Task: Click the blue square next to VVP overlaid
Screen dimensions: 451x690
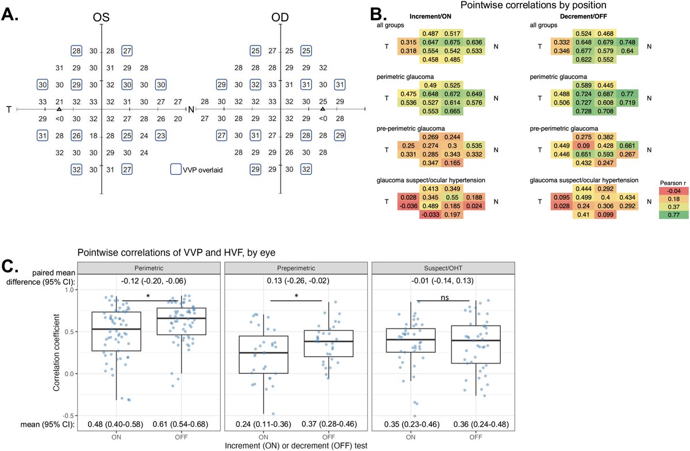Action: coord(176,170)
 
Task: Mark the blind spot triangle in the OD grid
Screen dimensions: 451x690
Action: coord(323,109)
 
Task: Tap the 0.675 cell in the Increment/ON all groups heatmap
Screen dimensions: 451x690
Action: coord(452,42)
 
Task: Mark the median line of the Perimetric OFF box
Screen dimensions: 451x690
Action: coord(182,318)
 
